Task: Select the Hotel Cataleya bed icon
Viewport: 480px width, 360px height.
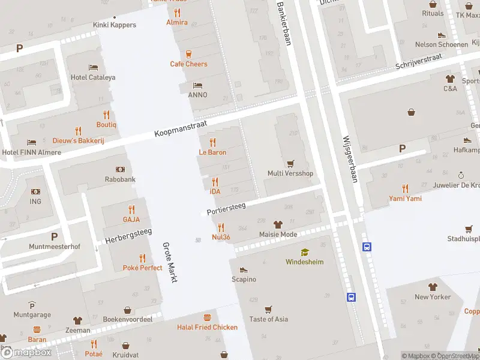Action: click(93, 67)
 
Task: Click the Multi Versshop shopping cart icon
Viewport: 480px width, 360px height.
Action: click(290, 163)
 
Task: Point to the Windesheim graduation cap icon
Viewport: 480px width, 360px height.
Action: click(304, 252)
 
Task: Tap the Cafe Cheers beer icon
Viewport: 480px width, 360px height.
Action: click(189, 53)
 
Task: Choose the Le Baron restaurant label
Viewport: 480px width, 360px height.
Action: click(212, 152)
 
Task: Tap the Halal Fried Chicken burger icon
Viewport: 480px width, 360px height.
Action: click(208, 317)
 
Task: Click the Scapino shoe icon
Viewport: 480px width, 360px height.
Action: click(244, 269)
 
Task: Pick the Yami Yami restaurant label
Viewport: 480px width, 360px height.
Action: click(405, 199)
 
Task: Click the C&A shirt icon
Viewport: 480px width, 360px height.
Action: click(450, 78)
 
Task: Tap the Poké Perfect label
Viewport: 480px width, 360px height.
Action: click(142, 268)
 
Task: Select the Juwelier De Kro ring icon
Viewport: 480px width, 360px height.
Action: click(461, 175)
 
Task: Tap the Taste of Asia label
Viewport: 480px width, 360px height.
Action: click(268, 319)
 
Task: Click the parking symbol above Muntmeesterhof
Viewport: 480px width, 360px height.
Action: click(55, 236)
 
